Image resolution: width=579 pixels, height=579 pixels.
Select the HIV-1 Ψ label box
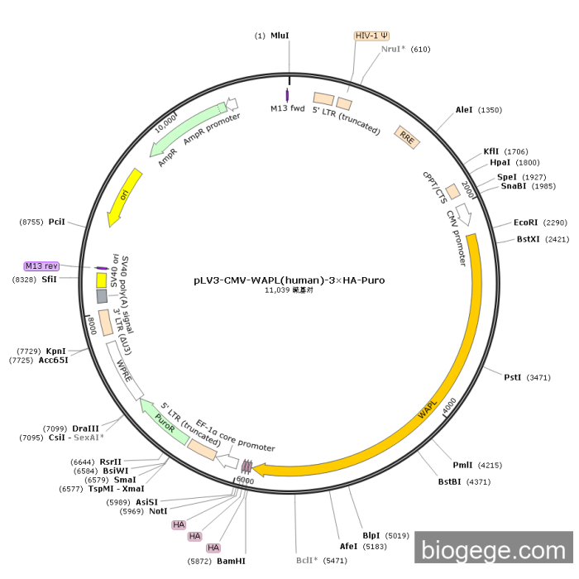371,36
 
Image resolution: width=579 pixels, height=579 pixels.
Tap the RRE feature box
406,136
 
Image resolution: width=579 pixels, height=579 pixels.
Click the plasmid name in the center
289,280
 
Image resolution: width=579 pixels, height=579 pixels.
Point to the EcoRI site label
525,223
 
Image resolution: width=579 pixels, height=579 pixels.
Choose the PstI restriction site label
513,377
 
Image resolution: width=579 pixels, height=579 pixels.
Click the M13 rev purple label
41,266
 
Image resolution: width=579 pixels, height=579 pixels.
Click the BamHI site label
232,561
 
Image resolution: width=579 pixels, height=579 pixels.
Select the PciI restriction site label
56,223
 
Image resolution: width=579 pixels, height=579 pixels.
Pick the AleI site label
467,109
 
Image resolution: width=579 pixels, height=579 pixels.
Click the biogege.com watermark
494,550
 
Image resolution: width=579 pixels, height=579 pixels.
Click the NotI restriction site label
158,511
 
